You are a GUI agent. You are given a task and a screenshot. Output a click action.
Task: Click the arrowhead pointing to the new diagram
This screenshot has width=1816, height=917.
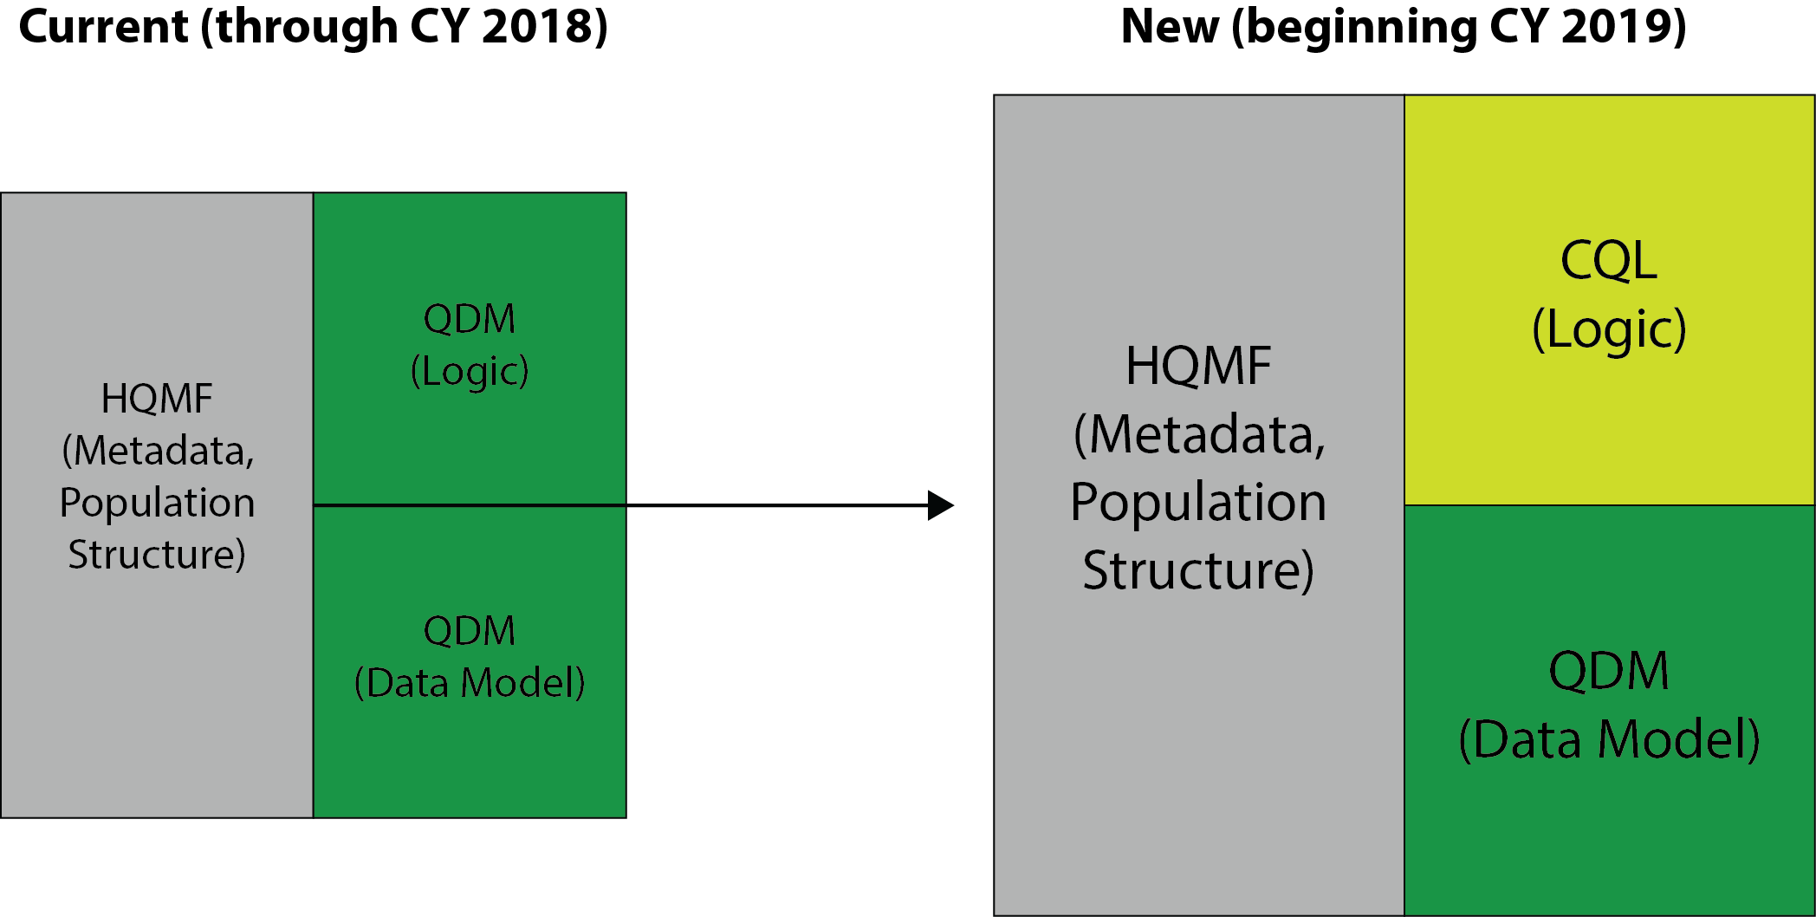pyautogui.click(x=941, y=505)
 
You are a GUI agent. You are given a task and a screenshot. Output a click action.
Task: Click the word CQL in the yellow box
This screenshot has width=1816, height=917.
pyautogui.click(x=1608, y=260)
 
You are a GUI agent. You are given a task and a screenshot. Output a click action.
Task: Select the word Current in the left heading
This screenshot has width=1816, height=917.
pyautogui.click(x=103, y=26)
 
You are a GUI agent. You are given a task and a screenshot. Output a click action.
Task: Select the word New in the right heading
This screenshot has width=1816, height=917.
pyautogui.click(x=1170, y=26)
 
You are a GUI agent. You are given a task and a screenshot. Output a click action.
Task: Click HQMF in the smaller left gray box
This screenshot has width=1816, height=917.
pyautogui.click(x=157, y=399)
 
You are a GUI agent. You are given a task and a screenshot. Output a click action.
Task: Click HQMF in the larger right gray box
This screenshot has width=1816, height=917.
pyautogui.click(x=1198, y=366)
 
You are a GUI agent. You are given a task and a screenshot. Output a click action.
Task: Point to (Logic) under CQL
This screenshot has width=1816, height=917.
pyautogui.click(x=1609, y=329)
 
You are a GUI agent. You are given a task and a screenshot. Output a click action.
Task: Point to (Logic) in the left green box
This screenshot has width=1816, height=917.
pyautogui.click(x=470, y=371)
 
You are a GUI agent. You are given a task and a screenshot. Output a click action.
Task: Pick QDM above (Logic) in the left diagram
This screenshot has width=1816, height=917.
pyautogui.click(x=470, y=319)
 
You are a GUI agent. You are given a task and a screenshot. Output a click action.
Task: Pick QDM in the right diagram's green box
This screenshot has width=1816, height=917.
pyautogui.click(x=1609, y=671)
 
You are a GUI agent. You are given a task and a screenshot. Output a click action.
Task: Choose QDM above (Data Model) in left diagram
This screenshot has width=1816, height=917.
pyautogui.click(x=470, y=631)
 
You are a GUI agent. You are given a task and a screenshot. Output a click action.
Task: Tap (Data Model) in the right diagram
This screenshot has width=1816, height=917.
pyautogui.click(x=1609, y=739)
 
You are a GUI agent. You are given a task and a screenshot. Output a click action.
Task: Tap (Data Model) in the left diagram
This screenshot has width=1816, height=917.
pyautogui.click(x=470, y=683)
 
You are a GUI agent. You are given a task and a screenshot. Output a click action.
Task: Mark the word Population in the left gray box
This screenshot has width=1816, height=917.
pyautogui.click(x=157, y=503)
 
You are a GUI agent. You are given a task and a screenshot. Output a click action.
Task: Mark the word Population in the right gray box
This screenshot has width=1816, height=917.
pyautogui.click(x=1198, y=502)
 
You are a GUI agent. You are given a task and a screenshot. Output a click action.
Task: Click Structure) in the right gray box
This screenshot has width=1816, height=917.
pyautogui.click(x=1198, y=570)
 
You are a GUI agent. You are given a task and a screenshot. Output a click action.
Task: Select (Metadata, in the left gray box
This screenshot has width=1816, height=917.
pyautogui.click(x=158, y=451)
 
